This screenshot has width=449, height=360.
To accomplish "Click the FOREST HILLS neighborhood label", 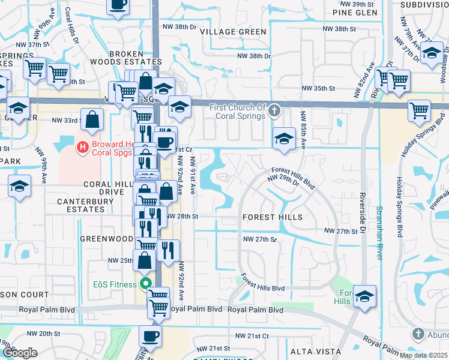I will click(273, 217).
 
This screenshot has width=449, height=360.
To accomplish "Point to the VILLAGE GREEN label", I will click(234, 32).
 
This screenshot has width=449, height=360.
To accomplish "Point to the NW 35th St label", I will click(318, 88).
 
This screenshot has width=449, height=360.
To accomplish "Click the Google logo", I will click(20, 353).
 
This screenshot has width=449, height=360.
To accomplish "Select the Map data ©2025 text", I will click(423, 355).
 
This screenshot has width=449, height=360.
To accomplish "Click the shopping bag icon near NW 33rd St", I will click(93, 119).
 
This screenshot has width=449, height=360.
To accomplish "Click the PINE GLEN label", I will click(355, 13).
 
